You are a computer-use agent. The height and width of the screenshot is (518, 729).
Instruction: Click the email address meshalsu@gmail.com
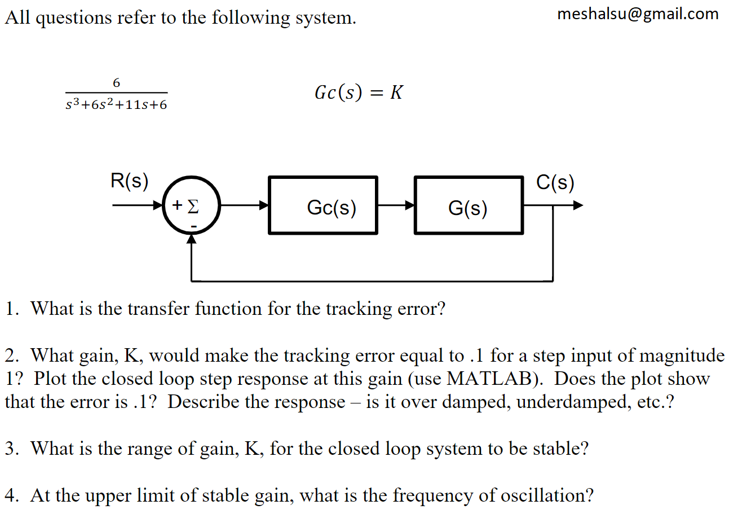(x=638, y=15)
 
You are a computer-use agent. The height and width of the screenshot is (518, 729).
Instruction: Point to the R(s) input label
(x=130, y=181)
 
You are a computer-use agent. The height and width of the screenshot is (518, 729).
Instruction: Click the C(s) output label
(x=555, y=182)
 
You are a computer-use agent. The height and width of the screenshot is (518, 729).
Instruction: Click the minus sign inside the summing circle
(x=193, y=226)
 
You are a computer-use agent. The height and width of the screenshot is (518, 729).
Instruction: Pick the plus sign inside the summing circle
(x=177, y=205)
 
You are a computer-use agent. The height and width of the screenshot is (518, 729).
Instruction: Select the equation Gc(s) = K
(x=359, y=93)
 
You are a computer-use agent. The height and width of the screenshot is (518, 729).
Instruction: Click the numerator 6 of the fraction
(x=117, y=83)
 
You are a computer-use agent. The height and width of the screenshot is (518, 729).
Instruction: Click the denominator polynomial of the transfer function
(x=116, y=104)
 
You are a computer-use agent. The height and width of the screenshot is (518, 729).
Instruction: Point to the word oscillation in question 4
(x=544, y=495)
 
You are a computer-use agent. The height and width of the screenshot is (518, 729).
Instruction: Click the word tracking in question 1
(x=359, y=309)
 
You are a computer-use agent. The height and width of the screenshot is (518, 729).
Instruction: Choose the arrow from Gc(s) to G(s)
(x=396, y=205)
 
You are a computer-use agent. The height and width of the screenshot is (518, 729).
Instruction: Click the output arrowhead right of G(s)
(x=578, y=205)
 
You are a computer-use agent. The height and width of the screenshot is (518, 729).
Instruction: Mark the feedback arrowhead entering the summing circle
(x=191, y=239)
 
